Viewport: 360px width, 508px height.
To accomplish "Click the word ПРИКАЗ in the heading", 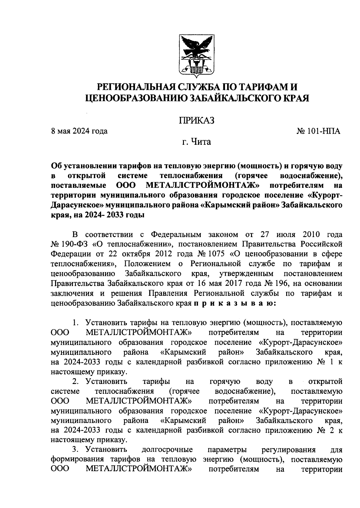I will coord(196,120).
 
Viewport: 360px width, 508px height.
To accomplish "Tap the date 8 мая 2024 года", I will coord(79,131).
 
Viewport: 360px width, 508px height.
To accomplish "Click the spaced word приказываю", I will coord(233,303).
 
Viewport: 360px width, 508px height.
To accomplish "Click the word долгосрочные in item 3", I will coord(167,450).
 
